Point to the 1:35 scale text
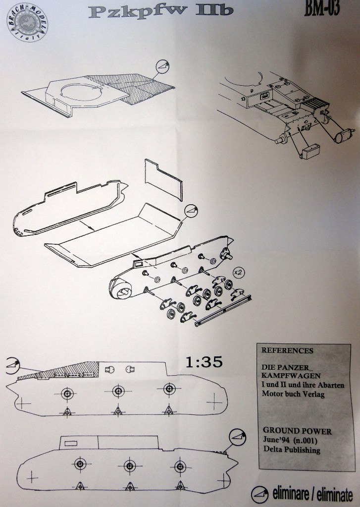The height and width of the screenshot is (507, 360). [x=204, y=362]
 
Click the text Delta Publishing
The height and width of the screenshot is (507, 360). [x=292, y=450]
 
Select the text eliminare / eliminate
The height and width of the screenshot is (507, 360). [x=312, y=494]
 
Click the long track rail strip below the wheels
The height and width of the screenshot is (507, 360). [x=223, y=310]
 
